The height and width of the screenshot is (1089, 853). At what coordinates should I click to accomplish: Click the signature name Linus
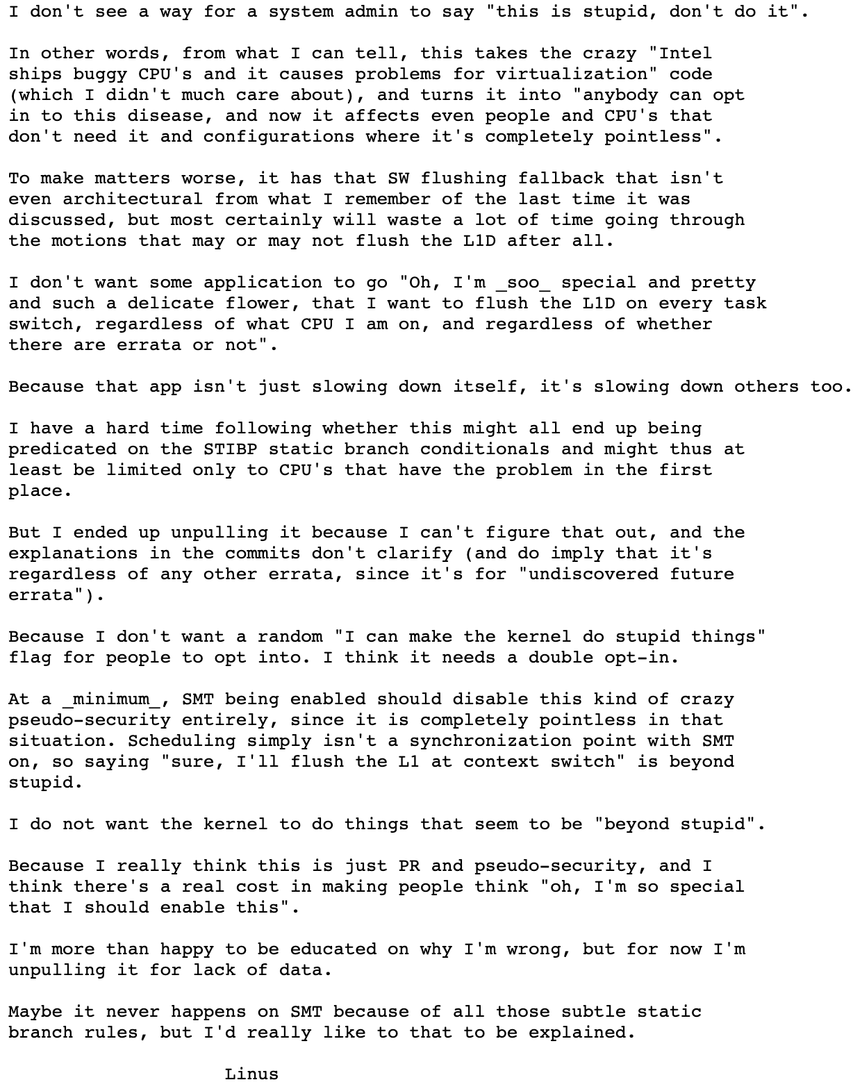pyautogui.click(x=251, y=1074)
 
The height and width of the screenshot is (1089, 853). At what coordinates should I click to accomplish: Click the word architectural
pyautogui.click(x=133, y=199)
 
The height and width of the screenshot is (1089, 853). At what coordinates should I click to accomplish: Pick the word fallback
pyautogui.click(x=561, y=178)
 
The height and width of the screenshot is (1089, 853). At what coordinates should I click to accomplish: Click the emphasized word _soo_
pyautogui.click(x=522, y=283)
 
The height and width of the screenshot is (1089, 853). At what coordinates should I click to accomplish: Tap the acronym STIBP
pyautogui.click(x=230, y=449)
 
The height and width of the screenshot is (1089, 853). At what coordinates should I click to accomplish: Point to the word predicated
pyautogui.click(x=63, y=449)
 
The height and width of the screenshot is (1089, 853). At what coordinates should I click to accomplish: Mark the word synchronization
pyautogui.click(x=490, y=741)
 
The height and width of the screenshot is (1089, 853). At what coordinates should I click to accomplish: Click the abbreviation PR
pyautogui.click(x=408, y=866)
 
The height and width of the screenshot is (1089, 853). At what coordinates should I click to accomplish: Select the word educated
pyautogui.click(x=333, y=949)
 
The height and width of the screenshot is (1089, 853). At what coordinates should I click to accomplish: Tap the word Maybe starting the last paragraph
pyautogui.click(x=35, y=1012)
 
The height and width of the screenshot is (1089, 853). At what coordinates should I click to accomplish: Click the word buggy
pyautogui.click(x=100, y=74)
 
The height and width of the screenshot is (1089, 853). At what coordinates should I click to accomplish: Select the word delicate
pyautogui.click(x=170, y=304)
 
